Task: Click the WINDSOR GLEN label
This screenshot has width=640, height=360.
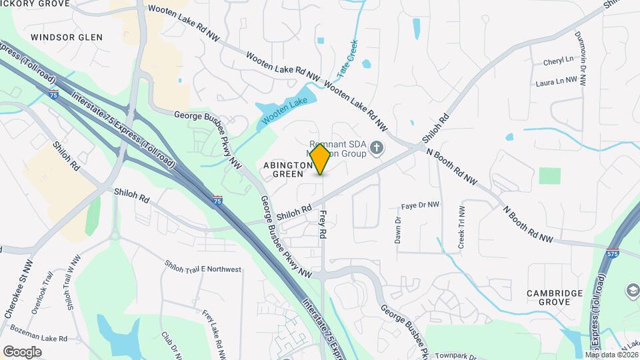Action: click(67, 37)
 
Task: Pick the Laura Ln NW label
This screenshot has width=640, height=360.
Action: click(555, 82)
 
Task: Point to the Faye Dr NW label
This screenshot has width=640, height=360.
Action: click(421, 205)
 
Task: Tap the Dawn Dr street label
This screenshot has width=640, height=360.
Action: click(397, 229)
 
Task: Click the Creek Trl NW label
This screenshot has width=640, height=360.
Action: click(461, 227)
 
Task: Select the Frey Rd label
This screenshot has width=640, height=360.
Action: click(322, 225)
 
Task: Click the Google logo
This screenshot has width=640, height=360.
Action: click(22, 351)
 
